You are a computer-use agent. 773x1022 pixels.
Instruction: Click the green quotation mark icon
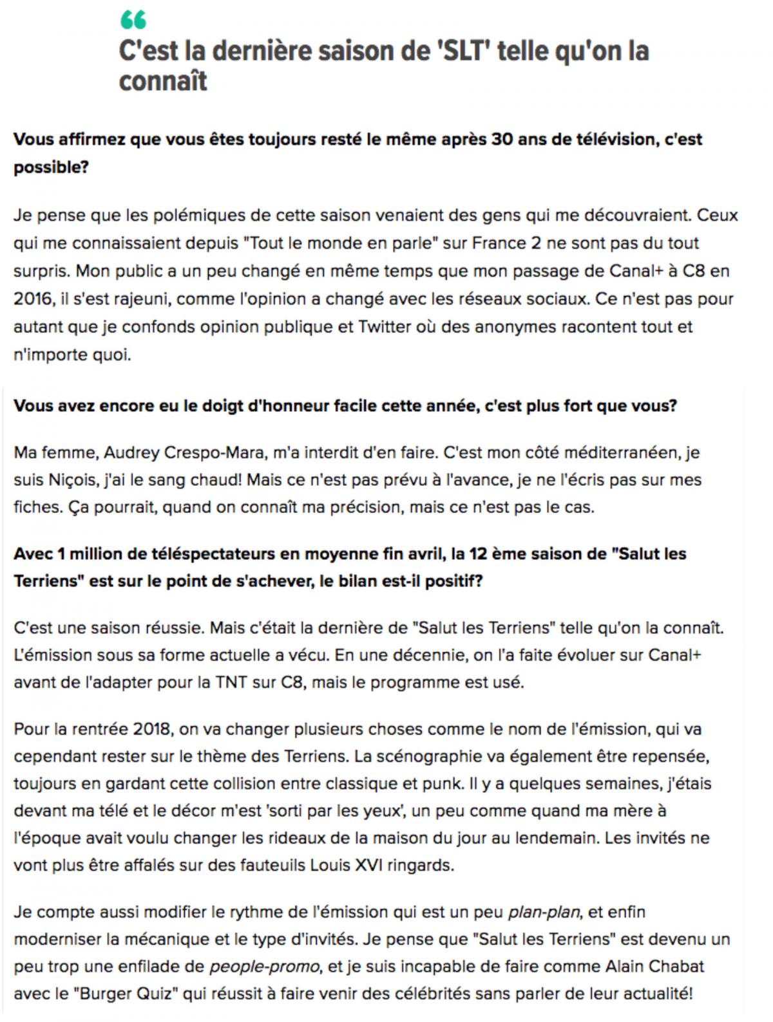(x=133, y=21)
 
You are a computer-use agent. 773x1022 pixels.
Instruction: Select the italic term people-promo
(x=264, y=966)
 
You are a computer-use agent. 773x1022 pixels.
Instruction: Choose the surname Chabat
(x=678, y=966)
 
